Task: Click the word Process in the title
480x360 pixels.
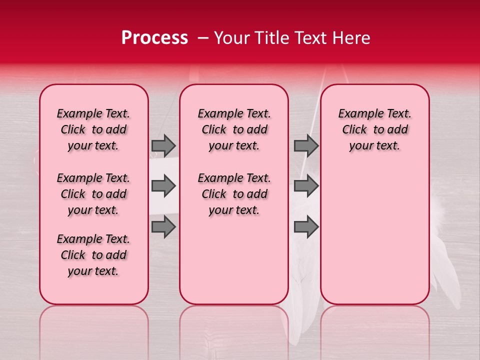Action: [154, 38]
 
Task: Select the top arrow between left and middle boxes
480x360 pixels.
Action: [163, 145]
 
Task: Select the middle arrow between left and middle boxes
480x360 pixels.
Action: [163, 186]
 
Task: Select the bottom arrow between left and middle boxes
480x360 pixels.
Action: [163, 227]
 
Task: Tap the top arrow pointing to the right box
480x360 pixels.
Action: [306, 145]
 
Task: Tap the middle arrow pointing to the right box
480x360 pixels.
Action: [306, 186]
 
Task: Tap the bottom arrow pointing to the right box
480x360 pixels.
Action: [306, 227]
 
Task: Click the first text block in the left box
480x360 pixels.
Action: [93, 129]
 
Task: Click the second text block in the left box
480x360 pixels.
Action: [93, 194]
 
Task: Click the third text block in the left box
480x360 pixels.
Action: [93, 255]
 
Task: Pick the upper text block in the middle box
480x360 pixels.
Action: [234, 129]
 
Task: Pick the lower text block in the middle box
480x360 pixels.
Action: [234, 194]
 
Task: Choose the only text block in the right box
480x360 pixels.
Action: [374, 129]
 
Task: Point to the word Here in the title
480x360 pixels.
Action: [352, 38]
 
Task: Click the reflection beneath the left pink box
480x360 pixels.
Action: [94, 330]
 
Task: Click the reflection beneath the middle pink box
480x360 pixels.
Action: [234, 330]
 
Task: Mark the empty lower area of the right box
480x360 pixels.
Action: [374, 235]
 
